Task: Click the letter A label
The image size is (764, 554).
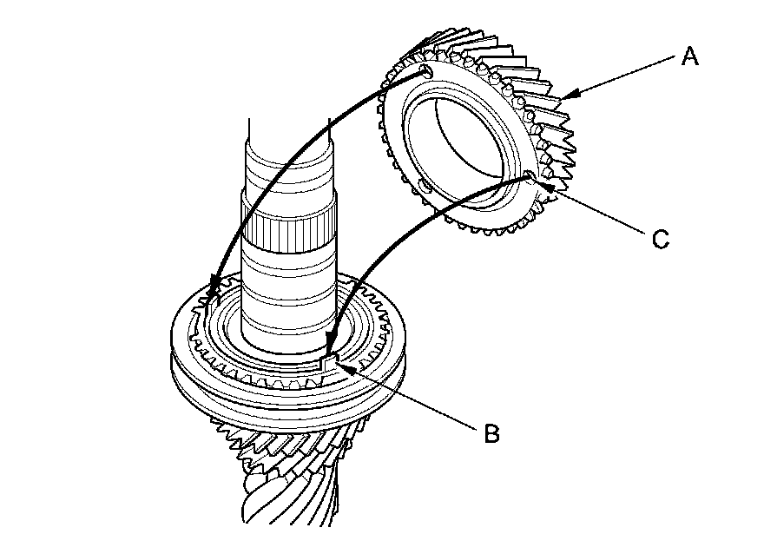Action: click(x=688, y=57)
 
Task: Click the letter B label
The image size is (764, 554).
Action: click(x=491, y=433)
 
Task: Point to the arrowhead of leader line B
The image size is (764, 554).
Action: click(x=341, y=367)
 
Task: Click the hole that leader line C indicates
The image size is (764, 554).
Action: click(x=529, y=177)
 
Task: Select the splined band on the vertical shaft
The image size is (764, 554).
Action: click(x=288, y=229)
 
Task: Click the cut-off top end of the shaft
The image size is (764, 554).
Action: click(x=288, y=130)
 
